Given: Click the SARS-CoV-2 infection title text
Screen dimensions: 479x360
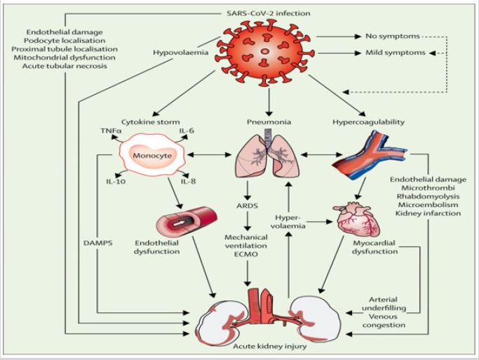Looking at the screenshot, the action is pos(265,13).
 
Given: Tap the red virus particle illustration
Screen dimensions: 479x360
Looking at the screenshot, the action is pos(264,53).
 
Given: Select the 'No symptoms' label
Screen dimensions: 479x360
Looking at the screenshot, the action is pos(393,36).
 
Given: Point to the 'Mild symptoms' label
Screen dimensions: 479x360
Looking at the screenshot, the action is pos(396,53).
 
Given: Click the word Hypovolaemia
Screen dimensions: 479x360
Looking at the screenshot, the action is pos(180,52).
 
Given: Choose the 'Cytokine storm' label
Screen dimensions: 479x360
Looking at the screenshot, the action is pos(151,122).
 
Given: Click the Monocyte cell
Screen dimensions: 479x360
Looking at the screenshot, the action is pos(151,156).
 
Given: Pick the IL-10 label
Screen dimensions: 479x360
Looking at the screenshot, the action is pos(116,182).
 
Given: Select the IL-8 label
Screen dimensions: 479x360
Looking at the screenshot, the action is pos(188,182).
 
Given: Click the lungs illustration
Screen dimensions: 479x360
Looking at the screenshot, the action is pos(267,154).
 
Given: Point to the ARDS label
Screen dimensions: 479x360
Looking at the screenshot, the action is pos(247,206).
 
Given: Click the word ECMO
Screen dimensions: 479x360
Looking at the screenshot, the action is pos(246,254).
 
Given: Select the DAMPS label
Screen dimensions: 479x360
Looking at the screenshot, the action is pos(97,244).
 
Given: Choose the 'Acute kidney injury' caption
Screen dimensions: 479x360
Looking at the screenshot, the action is pos(270,347).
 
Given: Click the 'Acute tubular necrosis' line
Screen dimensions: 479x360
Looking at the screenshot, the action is pos(65,66).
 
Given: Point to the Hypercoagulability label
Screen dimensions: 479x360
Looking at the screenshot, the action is pos(368,122).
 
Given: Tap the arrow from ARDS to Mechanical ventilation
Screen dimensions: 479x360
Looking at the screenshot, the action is pos(248,220).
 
